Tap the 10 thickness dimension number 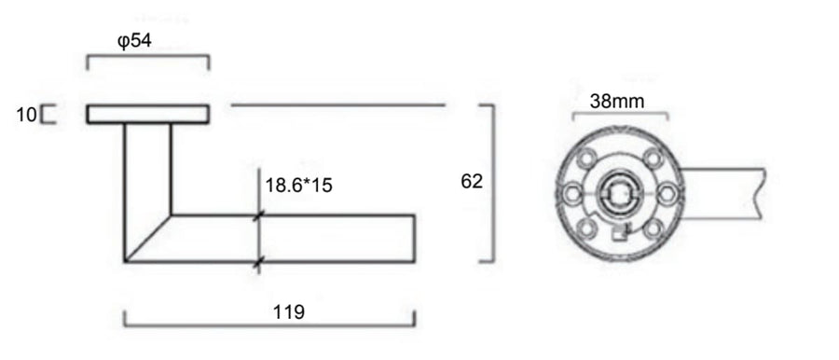click(x=26, y=115)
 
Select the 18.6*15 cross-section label click(x=298, y=186)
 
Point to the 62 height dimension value click(x=472, y=182)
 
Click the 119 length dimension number click(x=289, y=312)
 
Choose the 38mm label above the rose click(x=616, y=101)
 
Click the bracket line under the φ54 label click(x=147, y=56)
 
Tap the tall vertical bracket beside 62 click(x=492, y=185)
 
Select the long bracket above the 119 click(x=270, y=327)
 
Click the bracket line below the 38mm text click(x=619, y=115)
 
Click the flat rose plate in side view click(x=147, y=114)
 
